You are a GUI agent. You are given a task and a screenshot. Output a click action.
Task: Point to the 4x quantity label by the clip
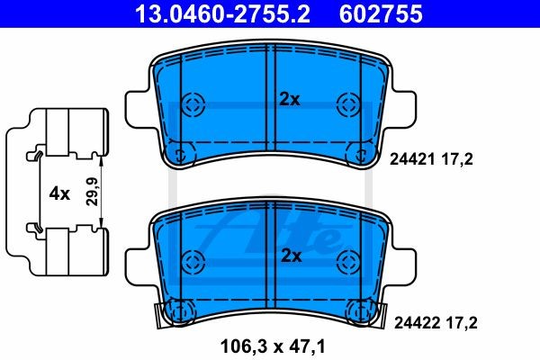coord(58,193)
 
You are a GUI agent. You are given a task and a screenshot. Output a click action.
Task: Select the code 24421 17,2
coord(430,159)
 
